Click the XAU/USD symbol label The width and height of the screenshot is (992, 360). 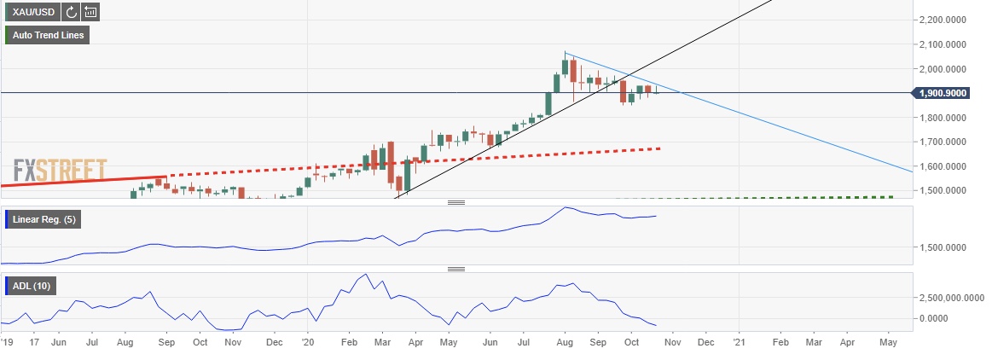coord(32,12)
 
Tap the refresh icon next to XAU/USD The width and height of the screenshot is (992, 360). coord(71,12)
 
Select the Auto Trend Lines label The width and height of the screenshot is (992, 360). coord(48,35)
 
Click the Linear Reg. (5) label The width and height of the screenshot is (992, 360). coord(44,221)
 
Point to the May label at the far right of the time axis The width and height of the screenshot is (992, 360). coord(888,342)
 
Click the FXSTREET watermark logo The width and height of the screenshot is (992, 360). coord(60,170)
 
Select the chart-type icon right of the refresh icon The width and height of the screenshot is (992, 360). coord(90,12)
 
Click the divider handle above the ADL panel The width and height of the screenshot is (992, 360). coord(455,268)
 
